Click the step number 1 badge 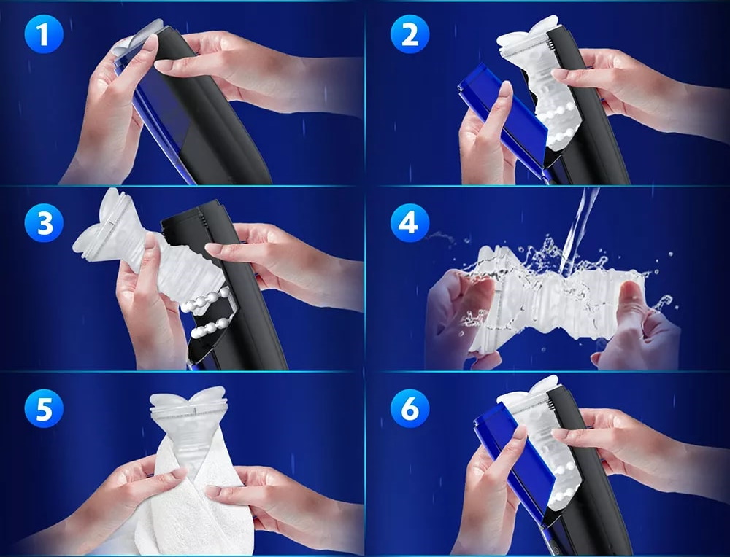(44, 34)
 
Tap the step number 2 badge (410, 34)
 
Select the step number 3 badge (44, 222)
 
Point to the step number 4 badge (410, 222)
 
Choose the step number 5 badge (44, 409)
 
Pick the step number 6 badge (410, 409)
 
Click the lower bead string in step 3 (212, 325)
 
